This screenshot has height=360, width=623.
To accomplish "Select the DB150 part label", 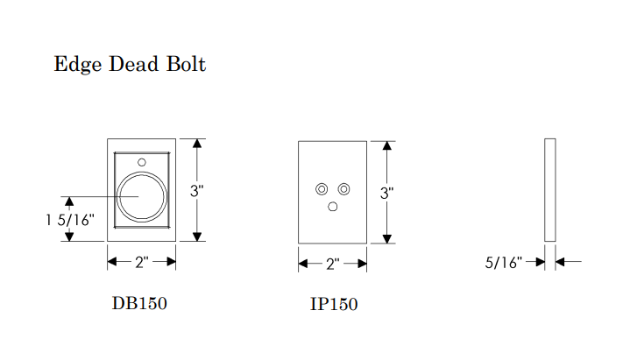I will click(x=139, y=304).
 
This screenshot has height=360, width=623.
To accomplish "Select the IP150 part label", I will click(x=333, y=305).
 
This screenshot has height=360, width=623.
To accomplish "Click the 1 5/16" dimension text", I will click(x=69, y=221).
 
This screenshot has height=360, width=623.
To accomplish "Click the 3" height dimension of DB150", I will click(x=197, y=191).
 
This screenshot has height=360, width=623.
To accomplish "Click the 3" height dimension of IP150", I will click(x=386, y=193).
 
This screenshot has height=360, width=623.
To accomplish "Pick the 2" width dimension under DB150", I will click(x=142, y=262).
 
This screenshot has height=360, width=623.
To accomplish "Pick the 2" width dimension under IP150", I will click(x=332, y=264).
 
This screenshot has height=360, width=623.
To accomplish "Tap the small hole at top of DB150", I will click(x=142, y=161).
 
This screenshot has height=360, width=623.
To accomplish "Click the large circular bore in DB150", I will click(x=141, y=197).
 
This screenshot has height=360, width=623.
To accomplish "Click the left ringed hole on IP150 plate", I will click(x=322, y=189).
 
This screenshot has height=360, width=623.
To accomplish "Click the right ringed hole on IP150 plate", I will click(x=343, y=189).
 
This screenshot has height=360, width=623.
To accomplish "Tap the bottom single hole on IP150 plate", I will click(x=333, y=207).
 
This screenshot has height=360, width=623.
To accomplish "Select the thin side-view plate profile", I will click(x=549, y=190).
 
